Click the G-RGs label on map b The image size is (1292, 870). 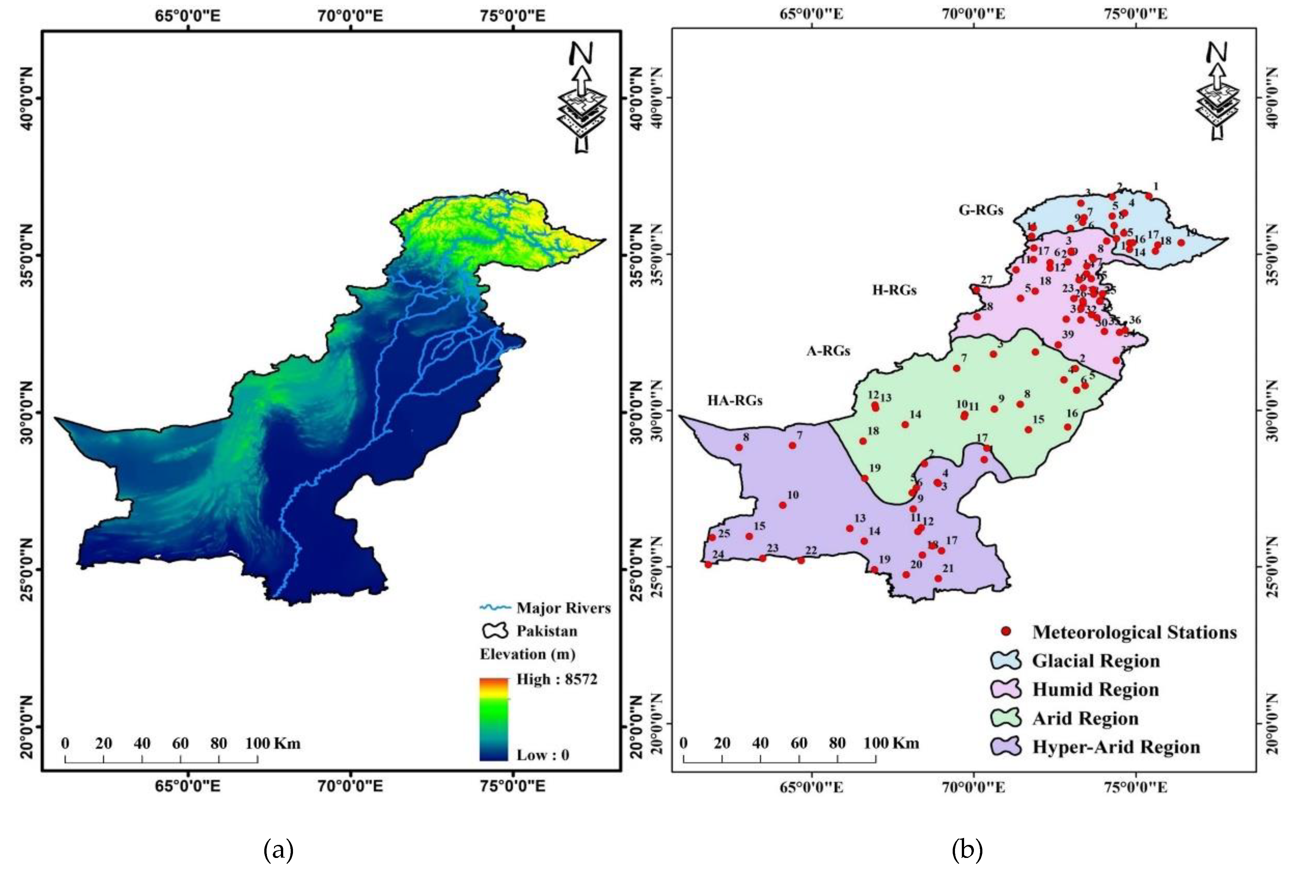pos(981,210)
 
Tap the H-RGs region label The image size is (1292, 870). pos(894,290)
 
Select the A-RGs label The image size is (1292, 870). pos(828,350)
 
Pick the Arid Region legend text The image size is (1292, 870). pos(1085,718)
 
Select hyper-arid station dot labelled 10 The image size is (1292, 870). pos(782,505)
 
